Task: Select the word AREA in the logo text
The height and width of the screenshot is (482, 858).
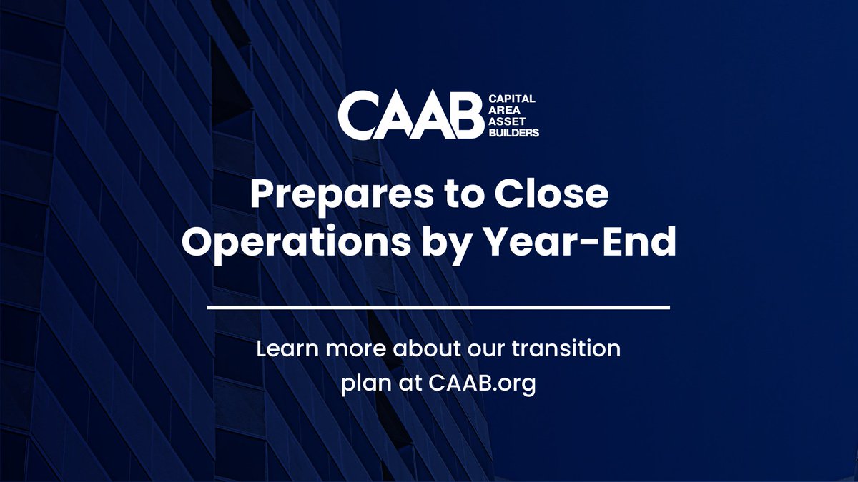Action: click(501, 112)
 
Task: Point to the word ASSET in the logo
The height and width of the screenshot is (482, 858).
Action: click(504, 122)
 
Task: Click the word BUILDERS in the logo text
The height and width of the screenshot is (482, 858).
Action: click(513, 132)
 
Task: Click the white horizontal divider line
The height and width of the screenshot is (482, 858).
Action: click(438, 308)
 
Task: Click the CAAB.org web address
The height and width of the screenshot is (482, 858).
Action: click(482, 383)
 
